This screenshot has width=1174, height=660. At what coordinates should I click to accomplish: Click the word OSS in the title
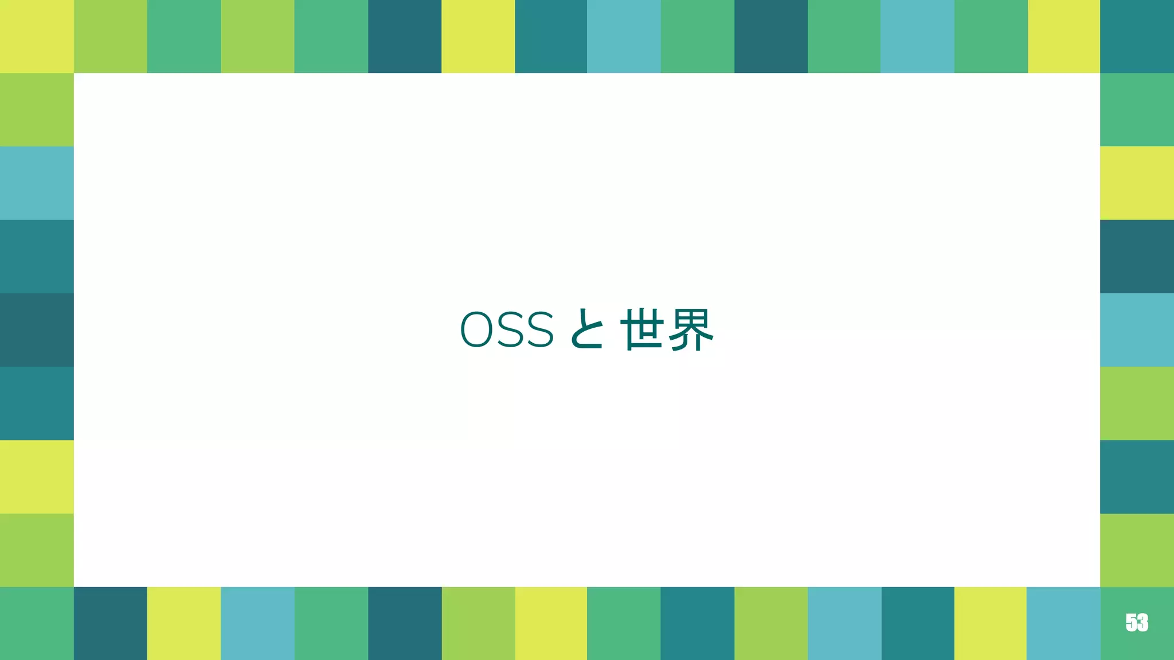point(507,330)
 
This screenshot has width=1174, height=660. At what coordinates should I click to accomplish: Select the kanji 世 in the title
point(642,329)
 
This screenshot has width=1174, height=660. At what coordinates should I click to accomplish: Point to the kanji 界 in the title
point(690,329)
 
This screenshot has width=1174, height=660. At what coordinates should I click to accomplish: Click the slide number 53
point(1137,622)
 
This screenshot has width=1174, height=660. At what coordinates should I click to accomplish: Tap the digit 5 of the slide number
point(1131,622)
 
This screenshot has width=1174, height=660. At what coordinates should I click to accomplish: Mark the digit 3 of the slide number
point(1142,622)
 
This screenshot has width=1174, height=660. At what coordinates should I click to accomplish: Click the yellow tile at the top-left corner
point(37,36)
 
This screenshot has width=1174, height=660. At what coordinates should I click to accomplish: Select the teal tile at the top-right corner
point(1137,36)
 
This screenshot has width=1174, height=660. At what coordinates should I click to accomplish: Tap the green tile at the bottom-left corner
point(37,623)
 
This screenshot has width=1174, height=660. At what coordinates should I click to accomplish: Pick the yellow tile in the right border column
point(1137,183)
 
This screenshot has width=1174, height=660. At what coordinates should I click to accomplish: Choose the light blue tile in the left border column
point(37,183)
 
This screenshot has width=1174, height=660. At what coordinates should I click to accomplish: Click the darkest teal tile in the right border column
point(1137,256)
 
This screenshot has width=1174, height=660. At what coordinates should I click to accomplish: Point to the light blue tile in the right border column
point(1137,329)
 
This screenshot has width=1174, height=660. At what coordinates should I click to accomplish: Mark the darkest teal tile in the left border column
point(37,329)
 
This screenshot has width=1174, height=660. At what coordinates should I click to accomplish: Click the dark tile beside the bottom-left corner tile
point(110,623)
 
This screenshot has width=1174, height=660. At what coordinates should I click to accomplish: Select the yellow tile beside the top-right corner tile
point(1063,36)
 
